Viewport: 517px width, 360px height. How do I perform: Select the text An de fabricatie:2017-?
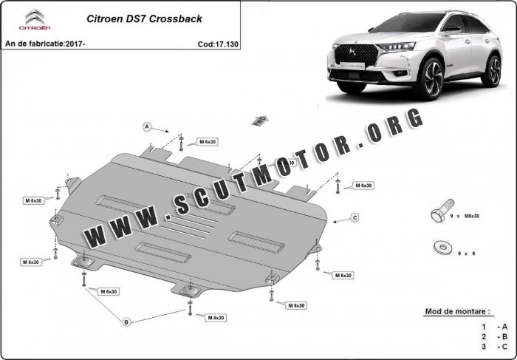45,44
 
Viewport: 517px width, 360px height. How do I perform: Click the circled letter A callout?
147,126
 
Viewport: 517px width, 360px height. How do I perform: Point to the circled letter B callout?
126,322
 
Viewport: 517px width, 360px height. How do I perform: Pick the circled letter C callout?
355,217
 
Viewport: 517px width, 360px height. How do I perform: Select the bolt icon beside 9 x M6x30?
436,214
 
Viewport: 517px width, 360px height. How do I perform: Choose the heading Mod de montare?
457,312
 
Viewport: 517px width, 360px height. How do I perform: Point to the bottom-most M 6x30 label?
216,318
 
